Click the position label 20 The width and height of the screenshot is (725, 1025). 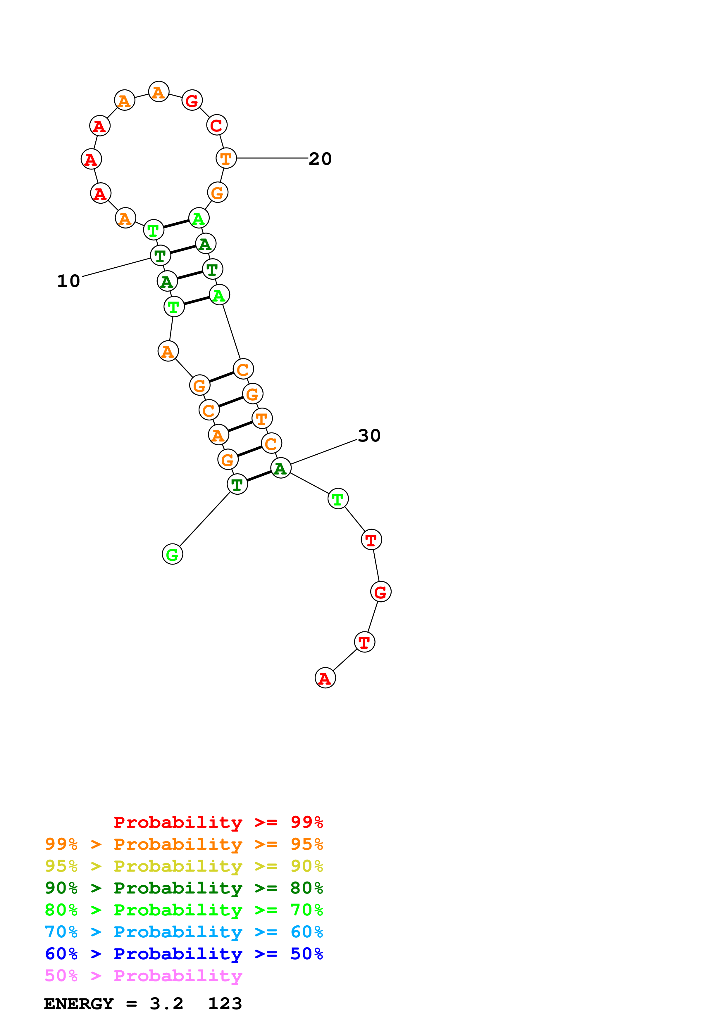[320, 159]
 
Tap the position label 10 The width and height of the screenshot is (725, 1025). [68, 281]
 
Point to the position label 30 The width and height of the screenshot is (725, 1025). [369, 436]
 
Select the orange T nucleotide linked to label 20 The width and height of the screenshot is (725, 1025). [226, 158]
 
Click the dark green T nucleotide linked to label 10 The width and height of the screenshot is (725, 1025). [160, 256]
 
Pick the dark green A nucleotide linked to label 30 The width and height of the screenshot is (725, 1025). [280, 468]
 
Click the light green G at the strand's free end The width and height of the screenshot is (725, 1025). [173, 555]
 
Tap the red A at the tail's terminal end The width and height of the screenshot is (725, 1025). [325, 678]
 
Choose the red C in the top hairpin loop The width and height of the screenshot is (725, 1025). [217, 125]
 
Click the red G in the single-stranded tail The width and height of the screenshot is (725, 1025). [380, 592]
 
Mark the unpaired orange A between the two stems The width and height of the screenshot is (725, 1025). [168, 351]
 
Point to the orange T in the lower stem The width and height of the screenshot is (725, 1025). [262, 419]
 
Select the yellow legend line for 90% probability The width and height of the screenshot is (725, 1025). [184, 866]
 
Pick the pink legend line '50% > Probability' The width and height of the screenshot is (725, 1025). [143, 975]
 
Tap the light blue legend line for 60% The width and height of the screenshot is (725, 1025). [184, 932]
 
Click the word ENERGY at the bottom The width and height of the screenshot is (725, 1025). [79, 1004]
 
